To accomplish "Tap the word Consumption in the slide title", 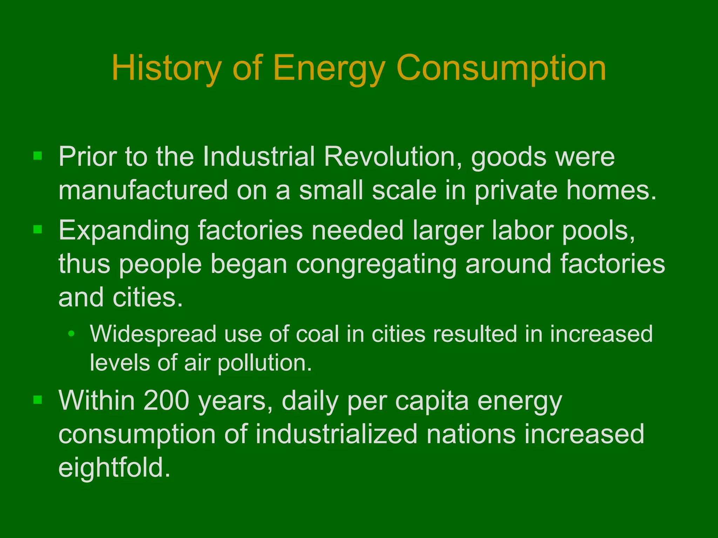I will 501,68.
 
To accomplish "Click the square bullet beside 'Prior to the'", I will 38,156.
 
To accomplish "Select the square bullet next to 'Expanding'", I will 38,229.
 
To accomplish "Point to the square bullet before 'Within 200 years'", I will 38,399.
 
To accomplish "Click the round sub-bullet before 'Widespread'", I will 71,334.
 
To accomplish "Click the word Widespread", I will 153,334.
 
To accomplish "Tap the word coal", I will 318,334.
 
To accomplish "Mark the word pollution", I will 264,363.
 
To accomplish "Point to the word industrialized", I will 336,434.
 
